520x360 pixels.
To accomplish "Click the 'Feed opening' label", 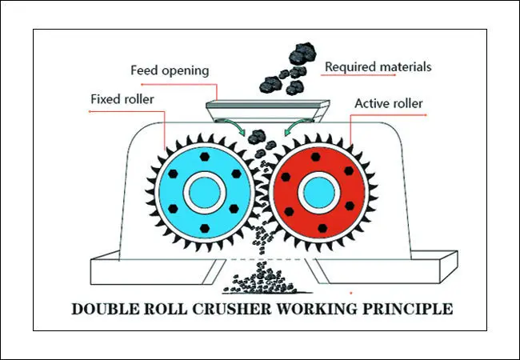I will tap(170, 70).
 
